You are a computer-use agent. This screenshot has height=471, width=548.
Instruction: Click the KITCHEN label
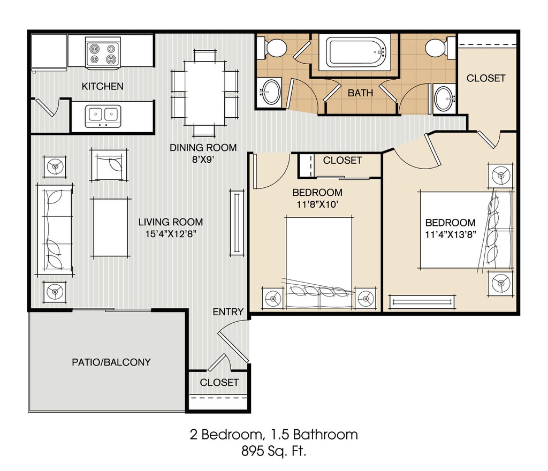click(102, 86)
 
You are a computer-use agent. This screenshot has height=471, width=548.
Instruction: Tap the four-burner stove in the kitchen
click(103, 54)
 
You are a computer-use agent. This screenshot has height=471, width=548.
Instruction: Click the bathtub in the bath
click(355, 52)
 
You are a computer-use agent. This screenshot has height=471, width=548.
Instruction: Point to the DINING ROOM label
click(203, 147)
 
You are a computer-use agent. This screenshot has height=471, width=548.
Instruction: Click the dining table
click(205, 93)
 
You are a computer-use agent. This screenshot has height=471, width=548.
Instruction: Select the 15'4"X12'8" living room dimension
click(171, 234)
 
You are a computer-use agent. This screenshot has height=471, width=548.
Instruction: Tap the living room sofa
click(55, 230)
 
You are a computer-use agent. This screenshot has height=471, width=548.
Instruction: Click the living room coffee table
click(110, 227)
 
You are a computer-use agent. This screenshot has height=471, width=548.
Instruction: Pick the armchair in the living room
click(109, 165)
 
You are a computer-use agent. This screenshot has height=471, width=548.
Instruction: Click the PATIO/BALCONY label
click(111, 362)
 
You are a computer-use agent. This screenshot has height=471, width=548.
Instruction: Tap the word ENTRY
click(228, 312)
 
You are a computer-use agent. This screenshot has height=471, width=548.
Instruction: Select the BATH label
click(360, 93)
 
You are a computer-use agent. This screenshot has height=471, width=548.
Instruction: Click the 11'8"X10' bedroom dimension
click(317, 204)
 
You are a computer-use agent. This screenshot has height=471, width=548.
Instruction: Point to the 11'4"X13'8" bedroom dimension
click(451, 234)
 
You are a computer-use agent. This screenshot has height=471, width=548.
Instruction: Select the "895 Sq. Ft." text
click(273, 451)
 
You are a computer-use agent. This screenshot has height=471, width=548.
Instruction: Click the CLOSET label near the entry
click(219, 382)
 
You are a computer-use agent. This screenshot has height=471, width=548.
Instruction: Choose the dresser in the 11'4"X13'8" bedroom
click(422, 302)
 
